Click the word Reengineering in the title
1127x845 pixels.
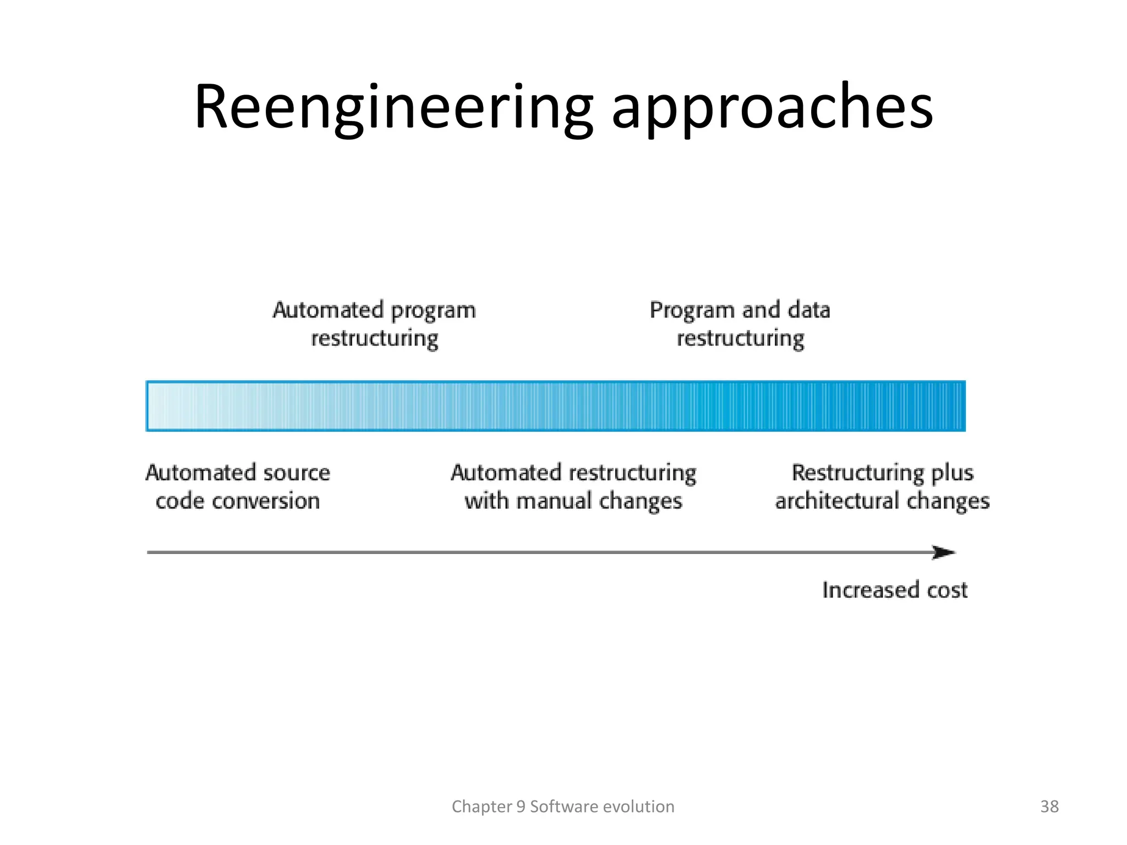tap(393, 107)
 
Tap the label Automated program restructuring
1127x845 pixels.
tap(374, 324)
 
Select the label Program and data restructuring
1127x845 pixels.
tap(740, 324)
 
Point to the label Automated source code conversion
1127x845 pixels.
tap(238, 487)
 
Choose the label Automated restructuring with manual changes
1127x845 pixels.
tap(573, 487)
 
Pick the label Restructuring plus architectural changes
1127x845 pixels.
tap(882, 487)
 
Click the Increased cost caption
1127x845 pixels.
tap(895, 590)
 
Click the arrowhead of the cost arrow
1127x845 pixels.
tap(944, 552)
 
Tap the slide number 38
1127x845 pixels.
tap(1049, 806)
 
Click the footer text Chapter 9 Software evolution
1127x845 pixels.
tap(563, 806)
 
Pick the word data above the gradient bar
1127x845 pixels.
tap(809, 310)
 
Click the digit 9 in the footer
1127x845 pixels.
tap(521, 806)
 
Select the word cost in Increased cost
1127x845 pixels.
tap(947, 590)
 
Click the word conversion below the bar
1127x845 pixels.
tap(266, 501)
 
